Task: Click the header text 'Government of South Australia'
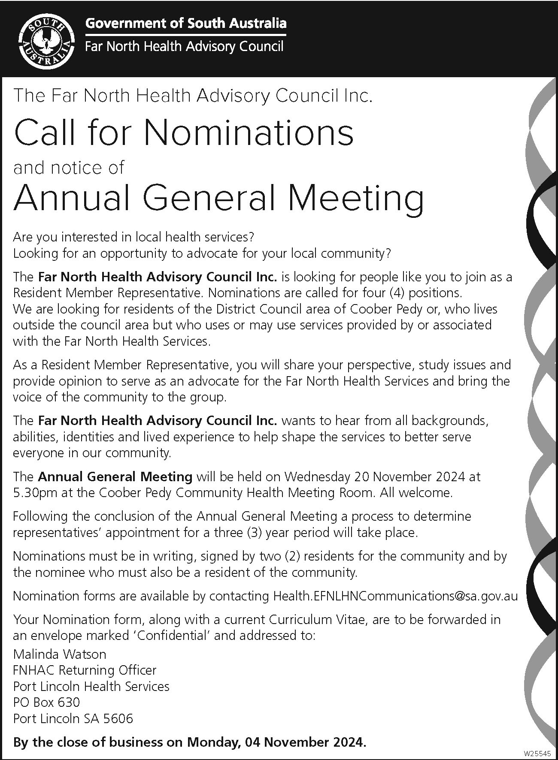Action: [185, 23]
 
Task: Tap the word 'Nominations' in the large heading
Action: [249, 133]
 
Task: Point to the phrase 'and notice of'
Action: [69, 168]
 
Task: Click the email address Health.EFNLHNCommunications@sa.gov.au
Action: [395, 596]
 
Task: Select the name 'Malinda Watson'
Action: [60, 654]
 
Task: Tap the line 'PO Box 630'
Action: [47, 702]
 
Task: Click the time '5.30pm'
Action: [36, 493]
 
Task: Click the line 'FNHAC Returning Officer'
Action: [85, 670]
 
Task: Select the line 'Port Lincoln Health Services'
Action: [91, 686]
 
